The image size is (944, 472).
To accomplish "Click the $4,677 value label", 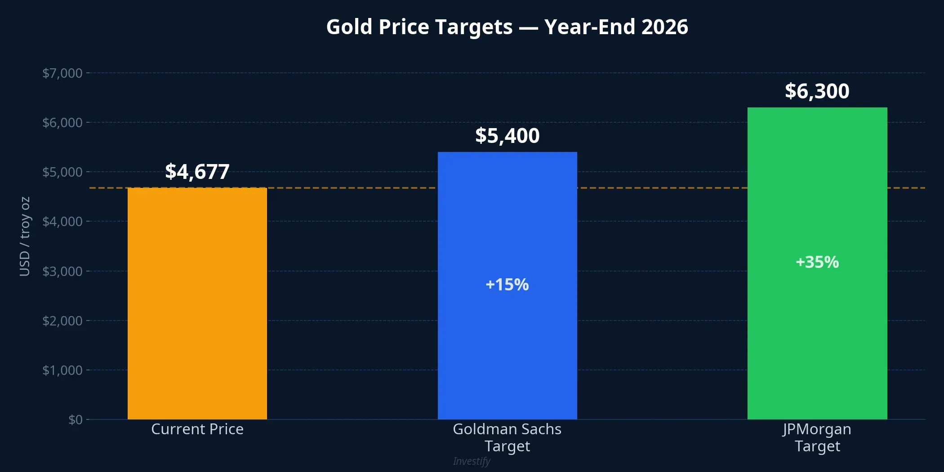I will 197,172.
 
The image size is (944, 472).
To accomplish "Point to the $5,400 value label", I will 507,136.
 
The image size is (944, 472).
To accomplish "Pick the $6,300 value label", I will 817,91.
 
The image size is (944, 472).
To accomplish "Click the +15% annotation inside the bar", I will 507,285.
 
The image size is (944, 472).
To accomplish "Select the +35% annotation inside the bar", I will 817,262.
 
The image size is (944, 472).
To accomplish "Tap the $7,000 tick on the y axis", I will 62,73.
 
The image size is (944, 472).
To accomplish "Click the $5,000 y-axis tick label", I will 62,172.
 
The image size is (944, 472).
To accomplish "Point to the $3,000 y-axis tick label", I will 62,272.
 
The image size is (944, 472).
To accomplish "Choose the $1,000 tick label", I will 62,370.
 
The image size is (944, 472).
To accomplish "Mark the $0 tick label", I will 75,420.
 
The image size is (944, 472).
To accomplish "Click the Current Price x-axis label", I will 197,429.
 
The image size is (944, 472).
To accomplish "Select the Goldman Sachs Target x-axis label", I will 507,437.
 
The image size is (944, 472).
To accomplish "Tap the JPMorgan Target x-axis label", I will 817,437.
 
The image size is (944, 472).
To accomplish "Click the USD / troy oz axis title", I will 25,236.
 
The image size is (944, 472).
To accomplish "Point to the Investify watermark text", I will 471,461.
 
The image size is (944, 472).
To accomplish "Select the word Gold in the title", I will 349,27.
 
